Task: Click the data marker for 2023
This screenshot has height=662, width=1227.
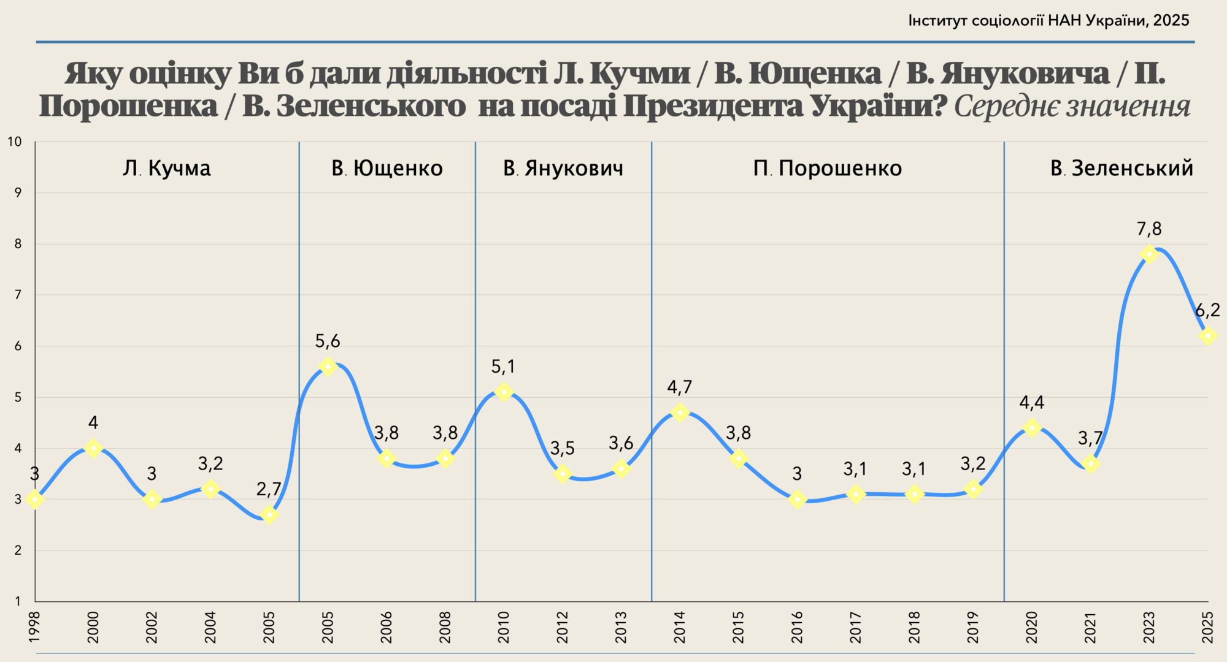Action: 1149,254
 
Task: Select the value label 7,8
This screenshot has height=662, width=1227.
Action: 1149,229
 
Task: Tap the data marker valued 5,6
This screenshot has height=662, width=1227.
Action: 328,366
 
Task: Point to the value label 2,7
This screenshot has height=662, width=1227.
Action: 269,489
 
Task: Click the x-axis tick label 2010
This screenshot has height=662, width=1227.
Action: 504,627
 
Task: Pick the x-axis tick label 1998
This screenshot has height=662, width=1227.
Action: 34,627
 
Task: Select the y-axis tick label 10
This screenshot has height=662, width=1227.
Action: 14,142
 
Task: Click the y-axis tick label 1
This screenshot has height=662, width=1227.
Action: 18,601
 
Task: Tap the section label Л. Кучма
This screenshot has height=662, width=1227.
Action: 166,168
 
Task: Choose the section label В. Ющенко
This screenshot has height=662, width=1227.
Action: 387,168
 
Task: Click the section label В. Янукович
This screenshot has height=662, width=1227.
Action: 563,168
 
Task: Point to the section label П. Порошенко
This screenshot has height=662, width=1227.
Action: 828,168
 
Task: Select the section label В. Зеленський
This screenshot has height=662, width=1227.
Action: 1121,168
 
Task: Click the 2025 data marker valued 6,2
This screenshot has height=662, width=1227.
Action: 1207,336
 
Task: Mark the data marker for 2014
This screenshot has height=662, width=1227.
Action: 680,412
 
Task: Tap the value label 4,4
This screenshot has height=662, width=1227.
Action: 1032,403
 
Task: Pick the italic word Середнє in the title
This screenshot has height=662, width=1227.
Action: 1006,106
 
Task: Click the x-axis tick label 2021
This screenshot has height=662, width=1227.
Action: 1090,627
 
